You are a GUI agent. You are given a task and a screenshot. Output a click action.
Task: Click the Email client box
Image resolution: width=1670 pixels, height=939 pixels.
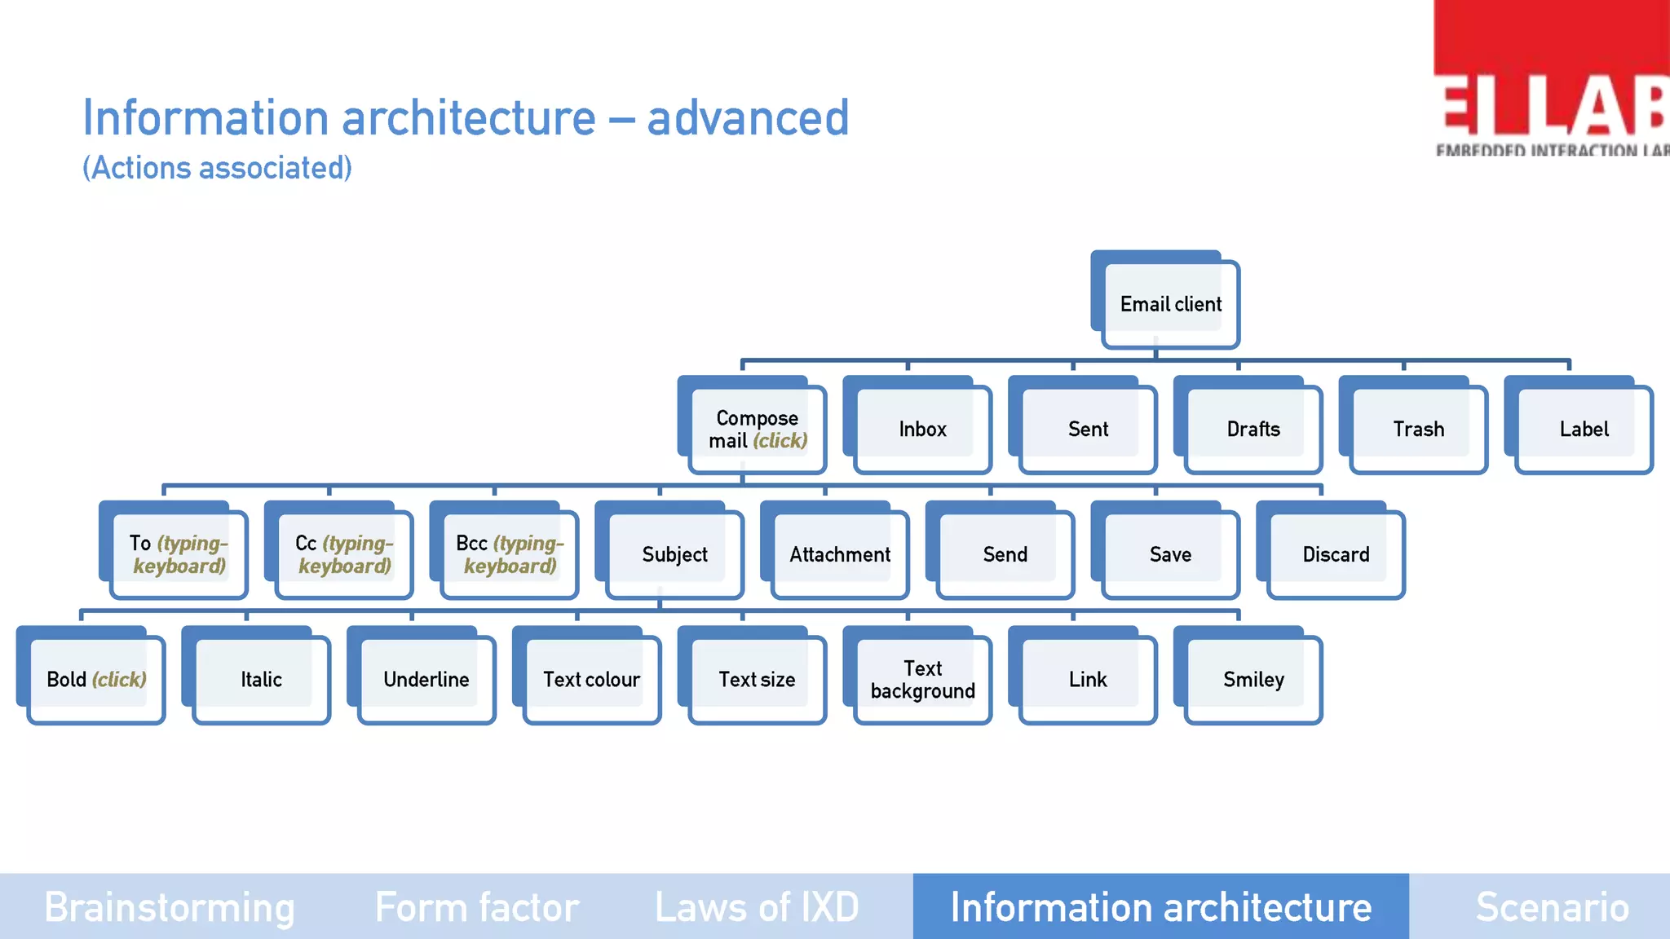[x=1170, y=304]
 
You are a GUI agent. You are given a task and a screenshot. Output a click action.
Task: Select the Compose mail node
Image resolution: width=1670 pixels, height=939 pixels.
[x=757, y=430]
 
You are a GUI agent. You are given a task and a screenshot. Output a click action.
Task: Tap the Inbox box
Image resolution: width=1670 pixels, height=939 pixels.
[x=922, y=430]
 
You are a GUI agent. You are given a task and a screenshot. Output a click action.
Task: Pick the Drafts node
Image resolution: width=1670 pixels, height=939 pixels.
[x=1253, y=430]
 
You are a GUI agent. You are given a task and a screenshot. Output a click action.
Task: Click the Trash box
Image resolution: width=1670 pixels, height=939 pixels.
[x=1418, y=430]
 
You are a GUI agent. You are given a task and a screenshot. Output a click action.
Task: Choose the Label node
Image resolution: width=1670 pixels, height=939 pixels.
[x=1584, y=430]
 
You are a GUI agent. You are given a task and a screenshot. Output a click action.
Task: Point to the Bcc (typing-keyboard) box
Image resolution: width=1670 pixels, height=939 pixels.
[x=510, y=555]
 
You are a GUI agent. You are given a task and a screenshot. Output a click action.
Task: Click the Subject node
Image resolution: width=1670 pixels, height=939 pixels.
[x=674, y=555]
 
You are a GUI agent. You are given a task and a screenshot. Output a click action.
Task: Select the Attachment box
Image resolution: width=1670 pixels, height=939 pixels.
[x=840, y=555]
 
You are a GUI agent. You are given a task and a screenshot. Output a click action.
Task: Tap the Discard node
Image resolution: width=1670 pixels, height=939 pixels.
[x=1336, y=555]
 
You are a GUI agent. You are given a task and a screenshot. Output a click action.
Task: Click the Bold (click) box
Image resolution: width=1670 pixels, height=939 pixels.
[x=96, y=680]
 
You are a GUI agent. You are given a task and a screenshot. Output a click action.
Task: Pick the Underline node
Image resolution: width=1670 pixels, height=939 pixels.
[x=426, y=680]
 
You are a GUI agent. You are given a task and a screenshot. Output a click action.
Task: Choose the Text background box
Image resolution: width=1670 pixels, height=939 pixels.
[x=922, y=680]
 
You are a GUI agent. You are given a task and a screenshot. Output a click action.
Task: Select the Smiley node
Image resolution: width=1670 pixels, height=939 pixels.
[x=1253, y=680]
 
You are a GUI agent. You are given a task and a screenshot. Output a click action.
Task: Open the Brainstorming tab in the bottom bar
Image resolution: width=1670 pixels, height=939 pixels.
[x=170, y=907]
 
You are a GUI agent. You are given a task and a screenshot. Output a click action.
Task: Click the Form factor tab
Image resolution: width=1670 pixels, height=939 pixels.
[x=477, y=907]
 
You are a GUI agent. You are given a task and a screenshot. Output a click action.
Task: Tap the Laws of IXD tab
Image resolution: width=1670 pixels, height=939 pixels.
[x=757, y=907]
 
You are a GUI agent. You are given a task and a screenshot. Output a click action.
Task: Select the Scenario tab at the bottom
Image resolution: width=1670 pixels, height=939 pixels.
[x=1552, y=907]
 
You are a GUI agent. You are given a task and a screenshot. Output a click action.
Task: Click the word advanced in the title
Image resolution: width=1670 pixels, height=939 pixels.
[x=748, y=118]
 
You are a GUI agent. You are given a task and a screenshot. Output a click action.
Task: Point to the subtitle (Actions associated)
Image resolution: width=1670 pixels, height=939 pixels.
[x=217, y=168]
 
